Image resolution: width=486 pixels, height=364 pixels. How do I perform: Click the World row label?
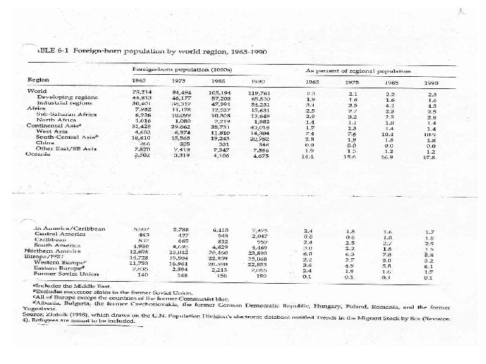36,91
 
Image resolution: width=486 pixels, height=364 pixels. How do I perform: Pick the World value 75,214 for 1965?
141,91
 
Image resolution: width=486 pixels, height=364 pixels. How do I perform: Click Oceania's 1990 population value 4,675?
261,156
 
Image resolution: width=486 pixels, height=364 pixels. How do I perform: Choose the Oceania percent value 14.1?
309,156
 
